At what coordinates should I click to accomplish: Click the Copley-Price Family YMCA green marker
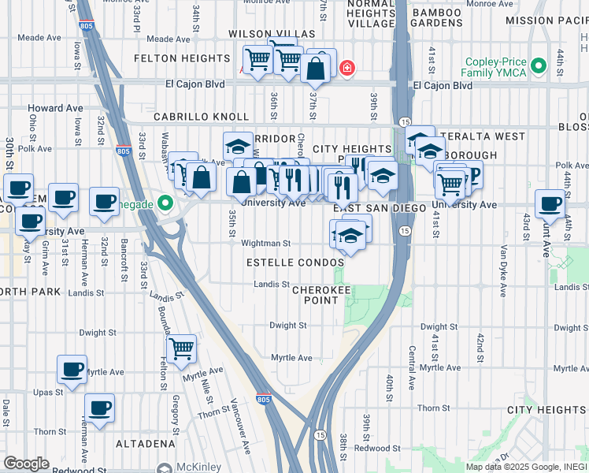click(539, 66)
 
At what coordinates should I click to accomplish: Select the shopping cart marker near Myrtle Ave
click(182, 347)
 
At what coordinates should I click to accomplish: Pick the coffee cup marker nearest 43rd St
click(550, 203)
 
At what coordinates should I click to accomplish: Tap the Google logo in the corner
click(26, 464)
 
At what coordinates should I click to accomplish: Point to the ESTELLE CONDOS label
click(295, 262)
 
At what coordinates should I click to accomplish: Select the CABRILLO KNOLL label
click(191, 117)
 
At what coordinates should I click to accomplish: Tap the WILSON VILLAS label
click(272, 35)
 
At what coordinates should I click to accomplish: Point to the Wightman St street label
click(267, 244)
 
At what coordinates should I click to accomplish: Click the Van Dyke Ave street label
click(502, 270)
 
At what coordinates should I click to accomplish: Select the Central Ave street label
click(410, 365)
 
